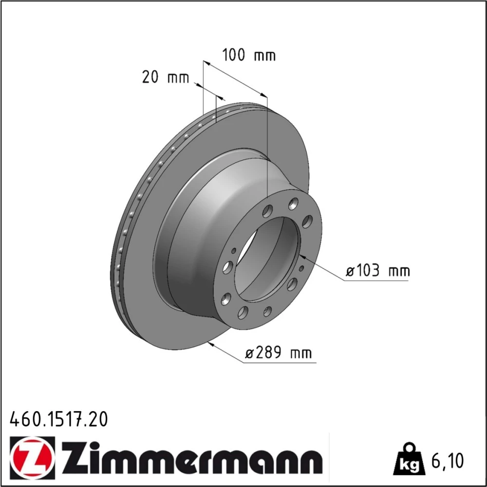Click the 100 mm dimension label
click(x=249, y=55)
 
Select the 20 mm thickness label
click(x=165, y=77)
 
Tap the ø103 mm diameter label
click(x=378, y=270)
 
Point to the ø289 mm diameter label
click(x=278, y=353)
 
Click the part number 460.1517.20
click(x=59, y=419)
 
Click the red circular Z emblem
click(x=32, y=456)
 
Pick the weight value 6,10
click(x=448, y=461)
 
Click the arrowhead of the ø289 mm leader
click(x=211, y=344)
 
